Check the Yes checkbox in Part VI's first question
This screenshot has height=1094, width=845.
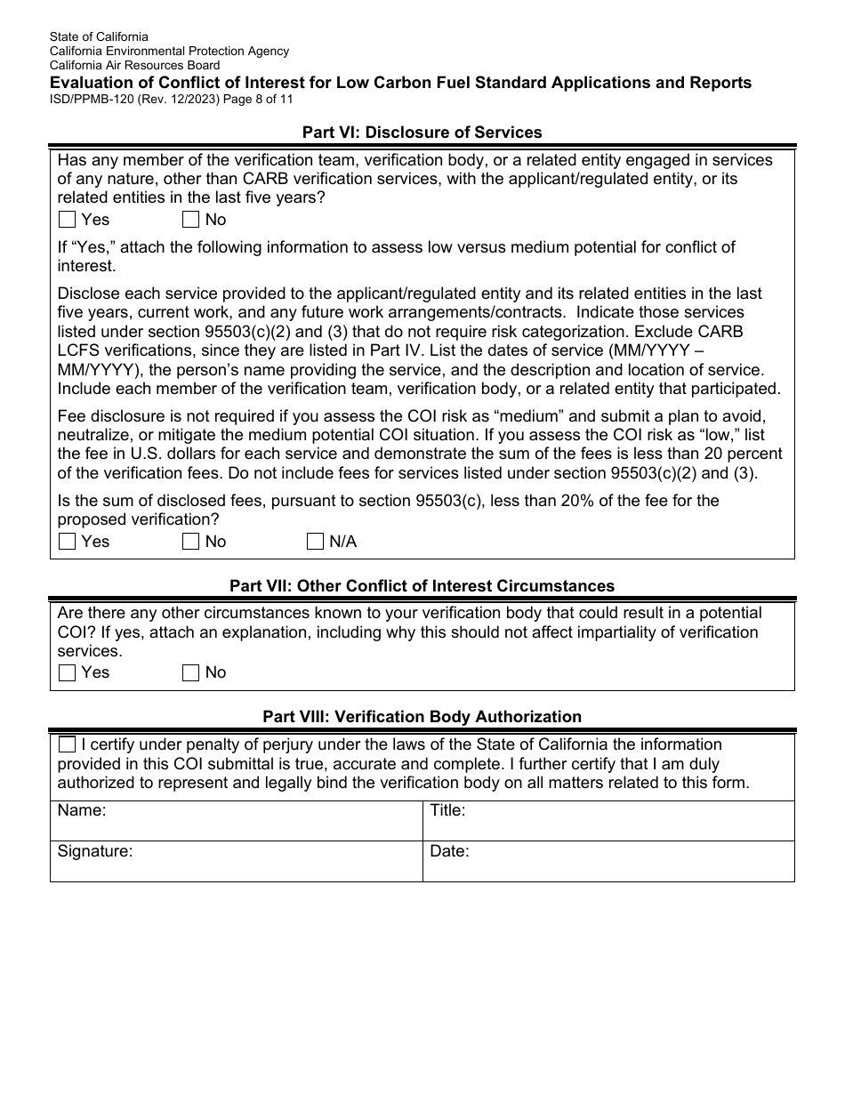point(67,220)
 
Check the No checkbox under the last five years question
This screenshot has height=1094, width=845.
point(190,220)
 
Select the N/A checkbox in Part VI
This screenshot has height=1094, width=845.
point(315,542)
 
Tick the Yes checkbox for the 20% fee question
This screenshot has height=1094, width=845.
point(67,542)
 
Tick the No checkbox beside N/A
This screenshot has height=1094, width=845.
point(190,542)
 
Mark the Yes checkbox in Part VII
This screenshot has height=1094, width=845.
point(67,673)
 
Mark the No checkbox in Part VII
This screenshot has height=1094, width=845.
point(190,673)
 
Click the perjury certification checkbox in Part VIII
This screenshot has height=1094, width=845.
point(67,744)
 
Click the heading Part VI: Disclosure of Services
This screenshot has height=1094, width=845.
point(422,133)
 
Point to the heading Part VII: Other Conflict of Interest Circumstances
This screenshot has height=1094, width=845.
point(422,586)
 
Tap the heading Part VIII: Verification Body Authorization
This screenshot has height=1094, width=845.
point(422,717)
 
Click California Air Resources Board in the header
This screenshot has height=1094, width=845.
point(134,65)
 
